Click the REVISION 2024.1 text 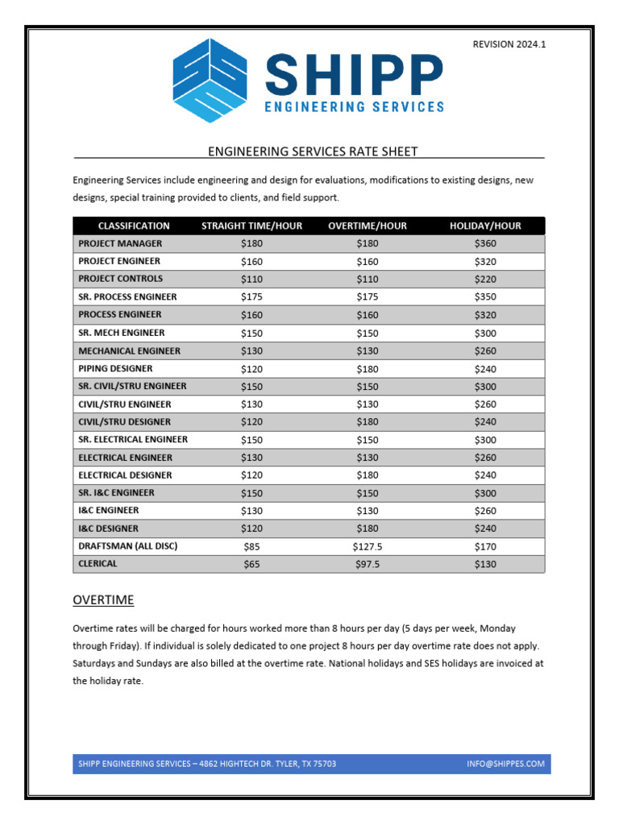point(509,44)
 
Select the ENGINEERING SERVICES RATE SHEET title point(313,151)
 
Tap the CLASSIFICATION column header point(134,226)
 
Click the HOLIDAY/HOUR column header point(485,226)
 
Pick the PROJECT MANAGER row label point(120,243)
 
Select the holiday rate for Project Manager point(485,243)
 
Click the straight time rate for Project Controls point(251,279)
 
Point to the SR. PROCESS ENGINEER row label point(127,297)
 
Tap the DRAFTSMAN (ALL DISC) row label point(127,546)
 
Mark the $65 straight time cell point(251,564)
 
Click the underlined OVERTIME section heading point(103,600)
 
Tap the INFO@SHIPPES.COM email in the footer point(505,764)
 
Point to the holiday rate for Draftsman point(485,546)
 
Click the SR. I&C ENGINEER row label point(116,493)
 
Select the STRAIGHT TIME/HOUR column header point(251,226)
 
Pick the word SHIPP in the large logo point(353,74)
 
